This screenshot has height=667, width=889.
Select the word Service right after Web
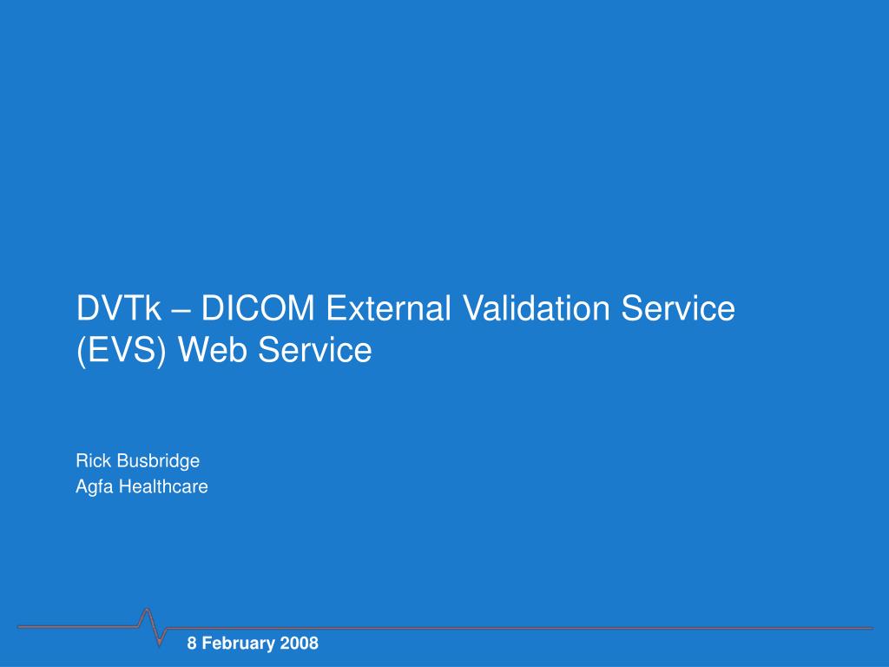(314, 350)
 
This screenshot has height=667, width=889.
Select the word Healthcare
(163, 486)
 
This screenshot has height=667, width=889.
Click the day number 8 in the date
(193, 644)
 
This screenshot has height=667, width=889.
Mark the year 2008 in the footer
(299, 644)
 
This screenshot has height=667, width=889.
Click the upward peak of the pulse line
(147, 610)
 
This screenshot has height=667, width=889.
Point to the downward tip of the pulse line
(160, 646)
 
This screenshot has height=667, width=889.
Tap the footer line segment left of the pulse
(78, 626)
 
